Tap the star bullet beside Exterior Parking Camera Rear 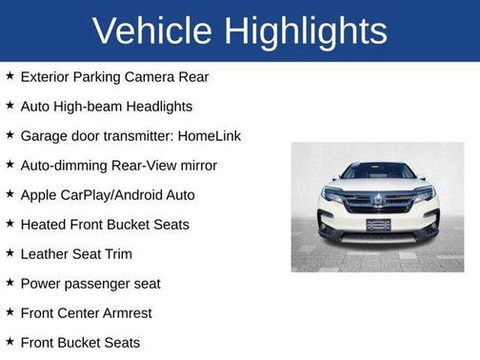9,75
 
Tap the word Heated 43,224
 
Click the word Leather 46,253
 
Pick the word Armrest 126,312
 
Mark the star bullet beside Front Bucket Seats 9,341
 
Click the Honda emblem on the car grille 377,201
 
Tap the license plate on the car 378,225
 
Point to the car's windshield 378,172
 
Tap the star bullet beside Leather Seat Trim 9,253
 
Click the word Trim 117,253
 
